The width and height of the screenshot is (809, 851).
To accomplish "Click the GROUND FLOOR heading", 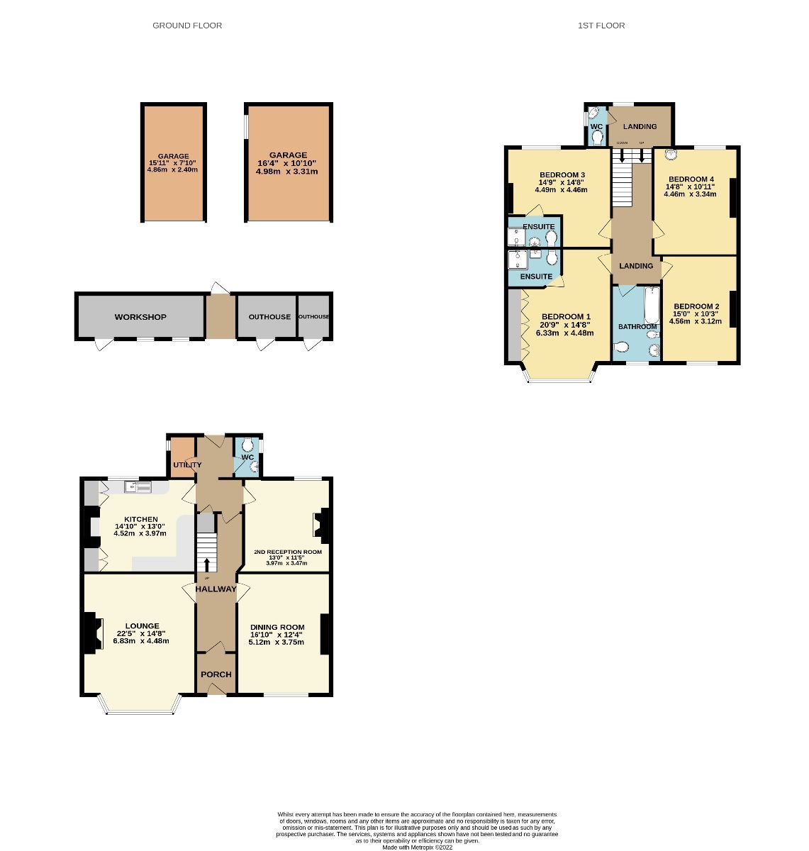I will [x=187, y=26].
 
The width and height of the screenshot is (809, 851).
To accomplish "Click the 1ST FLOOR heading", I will [x=601, y=26].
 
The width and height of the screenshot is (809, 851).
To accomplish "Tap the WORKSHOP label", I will [x=140, y=317].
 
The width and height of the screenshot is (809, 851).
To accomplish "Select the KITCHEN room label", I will [x=140, y=519].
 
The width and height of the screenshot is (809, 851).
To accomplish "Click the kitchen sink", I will [x=138, y=486].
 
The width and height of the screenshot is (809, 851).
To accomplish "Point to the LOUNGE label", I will [x=142, y=626].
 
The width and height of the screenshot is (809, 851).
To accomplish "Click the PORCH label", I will [x=216, y=674].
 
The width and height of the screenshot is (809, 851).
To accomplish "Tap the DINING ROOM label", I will [x=277, y=627].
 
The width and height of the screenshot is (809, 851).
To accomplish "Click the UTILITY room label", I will [x=188, y=465].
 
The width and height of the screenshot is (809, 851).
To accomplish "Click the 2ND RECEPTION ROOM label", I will [x=288, y=552].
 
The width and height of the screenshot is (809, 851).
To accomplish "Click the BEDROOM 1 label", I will [x=566, y=316].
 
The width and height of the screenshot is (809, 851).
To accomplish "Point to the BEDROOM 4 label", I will [x=691, y=179].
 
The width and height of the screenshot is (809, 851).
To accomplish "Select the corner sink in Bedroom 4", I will [x=667, y=153].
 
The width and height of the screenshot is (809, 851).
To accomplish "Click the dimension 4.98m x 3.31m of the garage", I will [x=287, y=172].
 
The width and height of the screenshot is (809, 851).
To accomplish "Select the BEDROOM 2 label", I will [x=696, y=306].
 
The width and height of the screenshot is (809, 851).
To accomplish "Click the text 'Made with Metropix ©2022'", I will [x=417, y=847].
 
